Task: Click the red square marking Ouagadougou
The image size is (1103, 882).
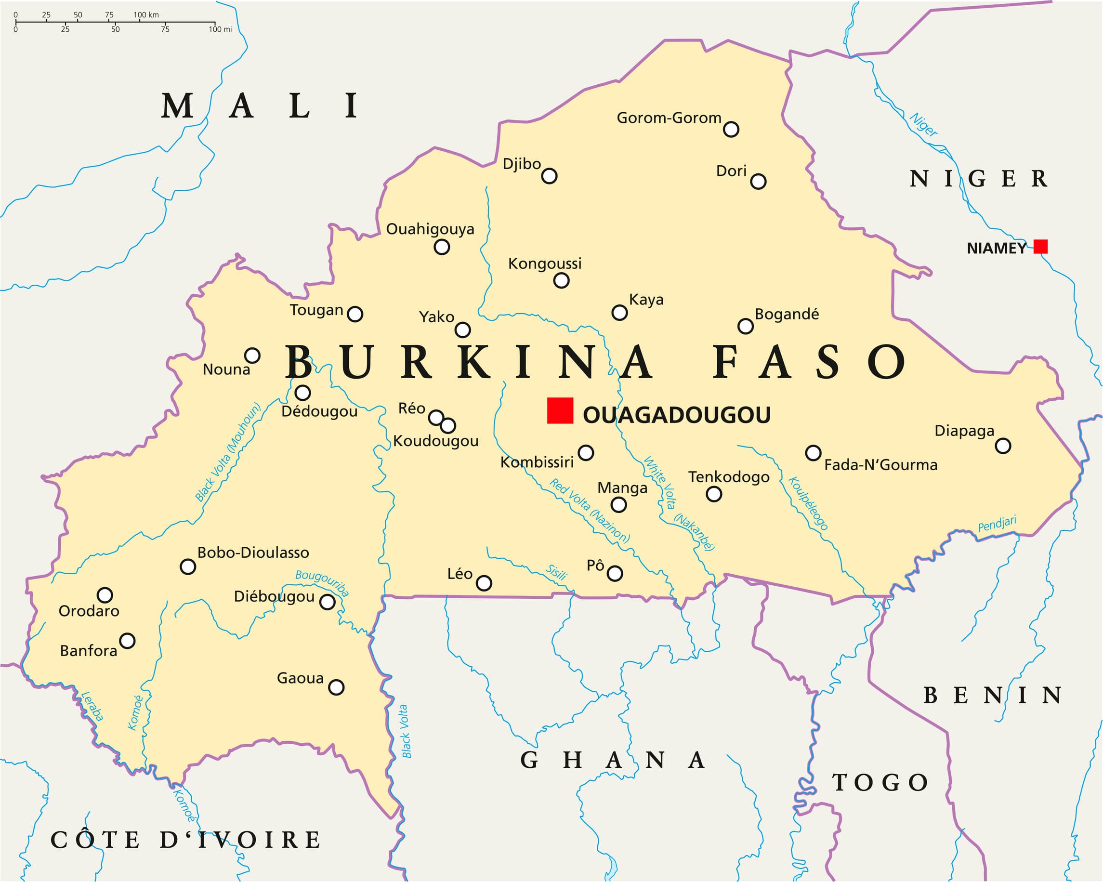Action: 560,410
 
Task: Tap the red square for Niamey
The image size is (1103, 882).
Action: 1040,247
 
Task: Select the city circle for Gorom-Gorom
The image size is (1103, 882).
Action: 731,130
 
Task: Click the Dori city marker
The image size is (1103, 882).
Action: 758,181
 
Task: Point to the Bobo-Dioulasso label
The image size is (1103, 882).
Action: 253,553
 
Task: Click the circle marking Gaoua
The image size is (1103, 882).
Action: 336,686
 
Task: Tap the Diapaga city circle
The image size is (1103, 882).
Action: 1003,446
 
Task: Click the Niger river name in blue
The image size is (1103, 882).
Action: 923,124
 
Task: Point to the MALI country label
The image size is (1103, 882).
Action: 260,106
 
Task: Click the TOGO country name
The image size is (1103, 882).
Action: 880,782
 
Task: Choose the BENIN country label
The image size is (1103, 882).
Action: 992,695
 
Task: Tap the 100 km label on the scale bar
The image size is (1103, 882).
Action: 146,15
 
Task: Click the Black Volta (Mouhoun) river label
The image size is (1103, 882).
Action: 228,452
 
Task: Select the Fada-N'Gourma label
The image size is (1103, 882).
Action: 880,465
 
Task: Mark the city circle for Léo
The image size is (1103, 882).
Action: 484,583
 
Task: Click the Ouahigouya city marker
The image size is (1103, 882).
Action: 442,247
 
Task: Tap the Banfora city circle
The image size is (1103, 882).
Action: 127,641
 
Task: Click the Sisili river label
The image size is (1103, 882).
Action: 556,572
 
